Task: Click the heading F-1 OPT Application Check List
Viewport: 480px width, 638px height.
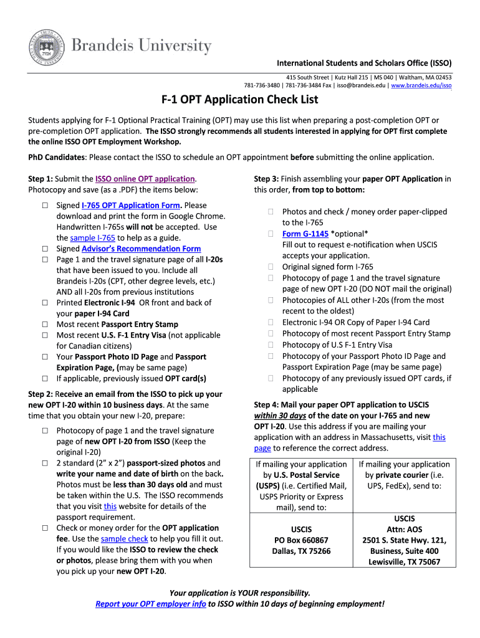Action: click(240, 100)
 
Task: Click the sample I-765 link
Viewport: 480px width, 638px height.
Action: click(92, 238)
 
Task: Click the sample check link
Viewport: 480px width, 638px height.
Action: click(124, 538)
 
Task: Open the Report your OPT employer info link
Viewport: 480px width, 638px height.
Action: click(151, 604)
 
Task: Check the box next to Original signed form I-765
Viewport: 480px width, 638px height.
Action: click(271, 267)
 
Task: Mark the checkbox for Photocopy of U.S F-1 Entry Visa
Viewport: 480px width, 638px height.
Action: click(271, 345)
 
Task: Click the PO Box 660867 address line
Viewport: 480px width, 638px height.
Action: click(302, 540)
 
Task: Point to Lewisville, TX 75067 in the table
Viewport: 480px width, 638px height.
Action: click(404, 561)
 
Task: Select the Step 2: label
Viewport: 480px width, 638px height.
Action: click(41, 394)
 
